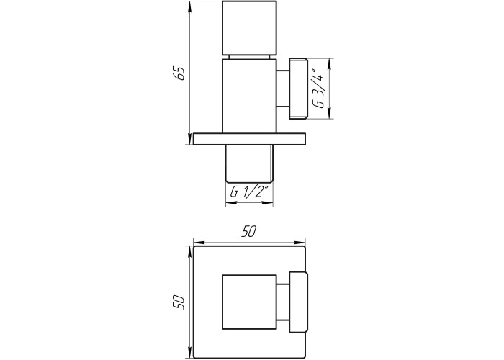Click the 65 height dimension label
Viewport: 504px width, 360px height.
179,74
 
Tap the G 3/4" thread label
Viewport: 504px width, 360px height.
318,89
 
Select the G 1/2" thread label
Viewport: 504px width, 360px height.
249,192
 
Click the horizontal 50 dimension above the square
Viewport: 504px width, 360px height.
250,232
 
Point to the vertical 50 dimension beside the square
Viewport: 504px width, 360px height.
179,302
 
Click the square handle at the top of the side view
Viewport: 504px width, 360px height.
249,28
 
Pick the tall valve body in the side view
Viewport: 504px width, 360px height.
249,96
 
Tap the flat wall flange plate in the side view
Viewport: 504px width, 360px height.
249,139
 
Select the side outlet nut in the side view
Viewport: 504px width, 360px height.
299,89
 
